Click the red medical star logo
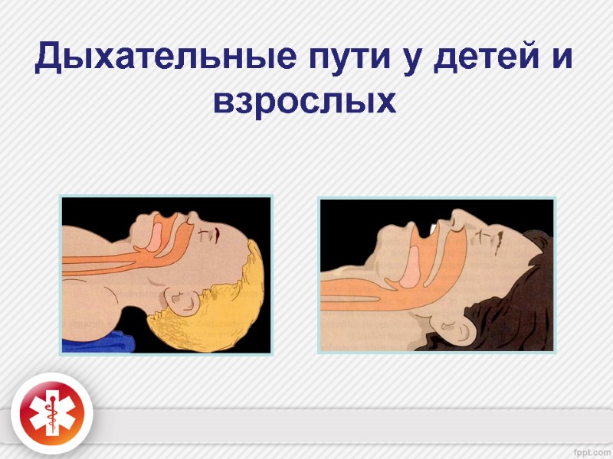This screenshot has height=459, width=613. (x=52, y=414)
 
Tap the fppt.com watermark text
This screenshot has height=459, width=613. (x=585, y=447)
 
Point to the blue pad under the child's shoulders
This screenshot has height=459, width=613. (x=107, y=341)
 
